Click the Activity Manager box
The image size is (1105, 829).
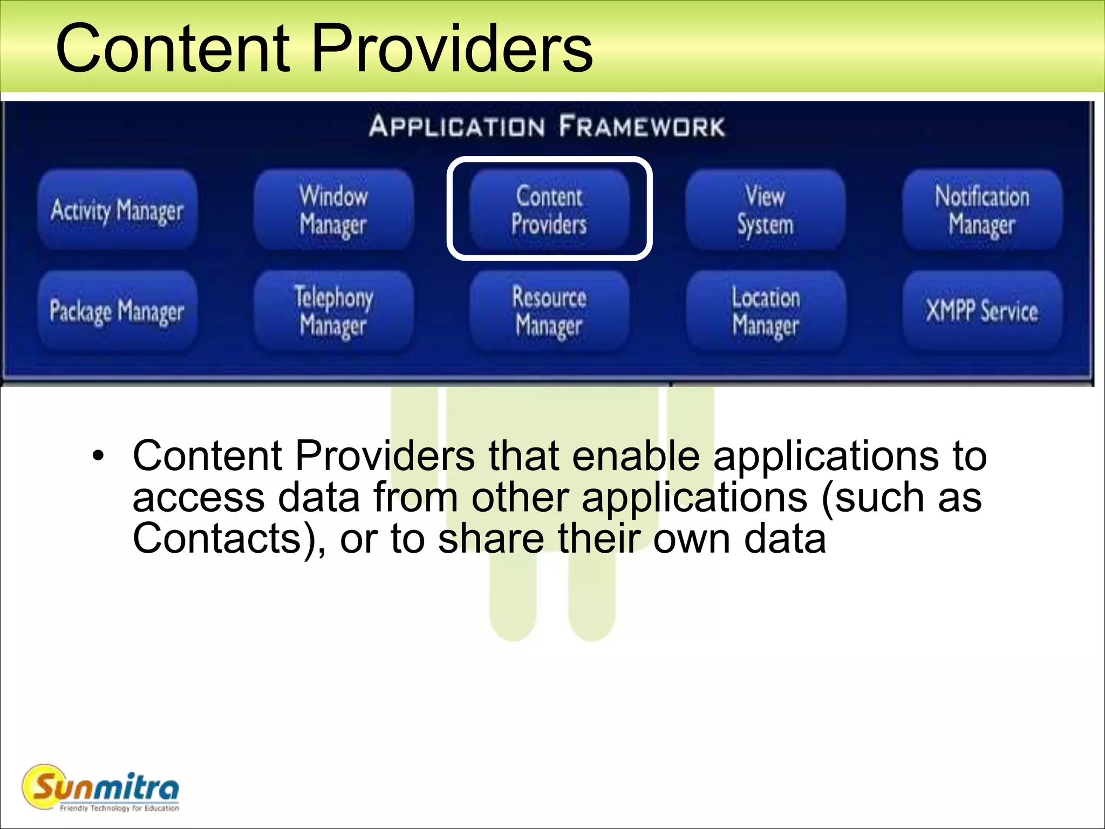117,210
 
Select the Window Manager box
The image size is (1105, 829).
333,210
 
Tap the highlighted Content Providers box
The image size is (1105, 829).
549,210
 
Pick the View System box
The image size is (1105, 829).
765,210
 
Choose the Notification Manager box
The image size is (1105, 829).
982,210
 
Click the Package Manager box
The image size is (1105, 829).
117,311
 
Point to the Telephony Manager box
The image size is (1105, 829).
333,311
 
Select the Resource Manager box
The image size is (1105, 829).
549,311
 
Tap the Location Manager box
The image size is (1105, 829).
765,311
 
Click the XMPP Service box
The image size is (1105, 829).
982,311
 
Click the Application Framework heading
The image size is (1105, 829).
547,126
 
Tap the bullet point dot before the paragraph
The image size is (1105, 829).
97,457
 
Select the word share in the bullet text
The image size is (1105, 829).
491,539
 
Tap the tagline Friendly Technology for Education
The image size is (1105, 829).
119,808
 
